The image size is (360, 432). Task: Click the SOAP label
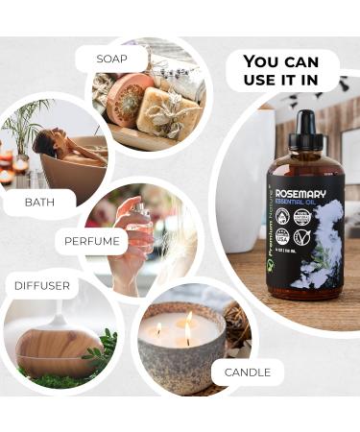[111, 59]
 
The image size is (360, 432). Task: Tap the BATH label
[38, 203]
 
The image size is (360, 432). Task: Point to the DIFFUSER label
[41, 285]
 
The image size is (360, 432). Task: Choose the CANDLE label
[247, 372]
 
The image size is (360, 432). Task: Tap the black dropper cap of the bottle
[307, 125]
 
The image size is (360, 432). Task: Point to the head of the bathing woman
[42, 143]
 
